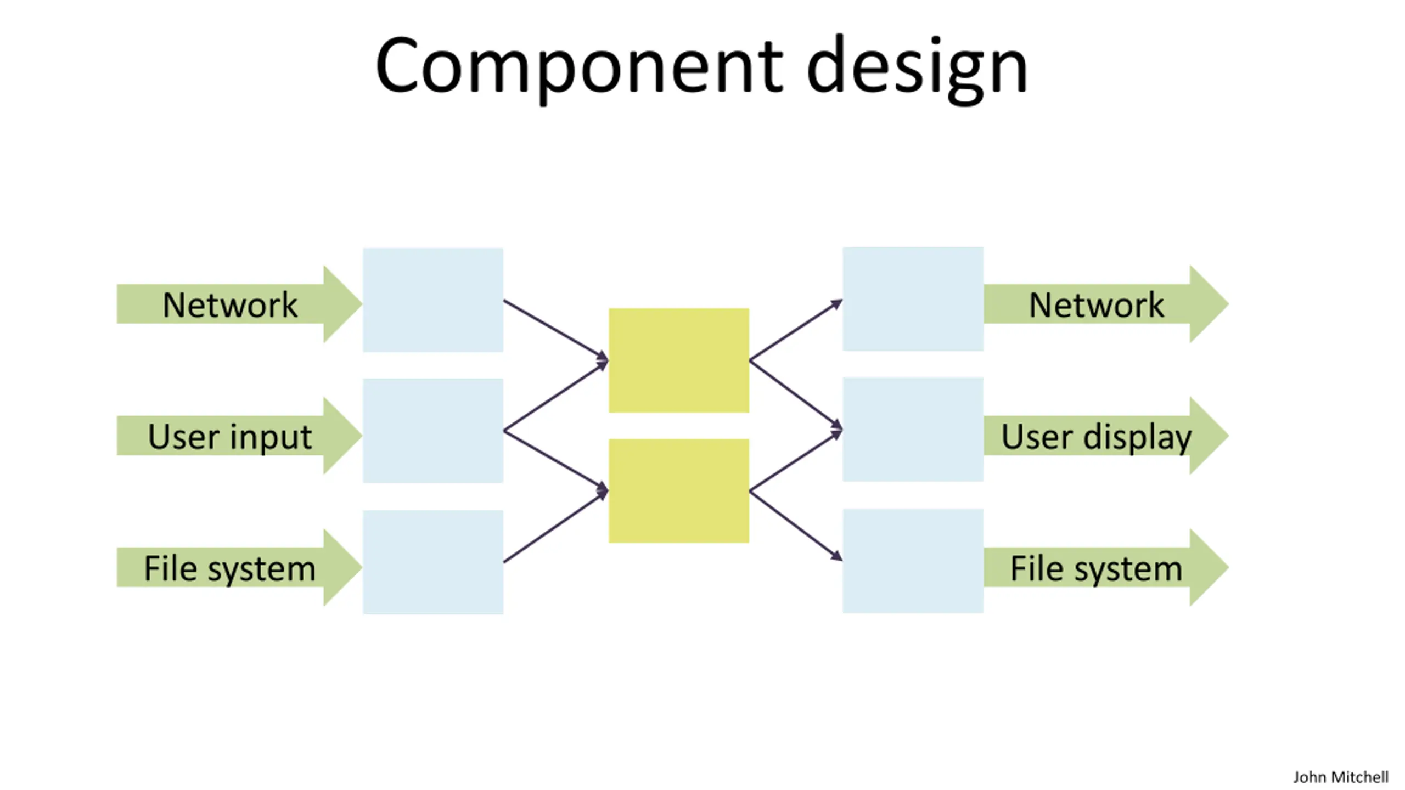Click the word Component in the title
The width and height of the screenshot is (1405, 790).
tap(580, 67)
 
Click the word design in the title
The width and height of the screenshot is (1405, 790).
tap(917, 67)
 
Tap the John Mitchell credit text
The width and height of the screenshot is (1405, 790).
tap(1341, 777)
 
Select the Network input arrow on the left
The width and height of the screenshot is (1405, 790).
tap(239, 304)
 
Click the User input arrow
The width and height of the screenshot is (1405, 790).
tap(239, 436)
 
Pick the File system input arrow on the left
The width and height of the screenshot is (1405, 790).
tap(239, 567)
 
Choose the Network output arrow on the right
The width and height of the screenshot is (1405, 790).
tap(1106, 304)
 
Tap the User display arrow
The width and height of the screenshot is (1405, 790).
tap(1106, 436)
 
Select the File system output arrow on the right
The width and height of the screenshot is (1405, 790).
tap(1106, 567)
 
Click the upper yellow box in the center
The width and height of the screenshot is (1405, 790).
tap(679, 360)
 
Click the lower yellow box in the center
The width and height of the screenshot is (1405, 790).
tap(679, 491)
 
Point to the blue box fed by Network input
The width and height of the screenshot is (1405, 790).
tap(433, 300)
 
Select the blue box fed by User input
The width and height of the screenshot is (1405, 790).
tap(433, 431)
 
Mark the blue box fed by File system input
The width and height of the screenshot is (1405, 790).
tap(433, 562)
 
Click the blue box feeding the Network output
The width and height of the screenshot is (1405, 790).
tap(913, 299)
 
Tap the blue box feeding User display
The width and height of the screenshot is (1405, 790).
tap(913, 430)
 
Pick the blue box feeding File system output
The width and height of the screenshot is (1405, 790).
tap(913, 561)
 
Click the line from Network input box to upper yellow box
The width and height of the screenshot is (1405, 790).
tap(556, 330)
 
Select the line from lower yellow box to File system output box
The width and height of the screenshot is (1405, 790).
tap(796, 526)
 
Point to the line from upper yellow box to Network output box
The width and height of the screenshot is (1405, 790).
tap(796, 330)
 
